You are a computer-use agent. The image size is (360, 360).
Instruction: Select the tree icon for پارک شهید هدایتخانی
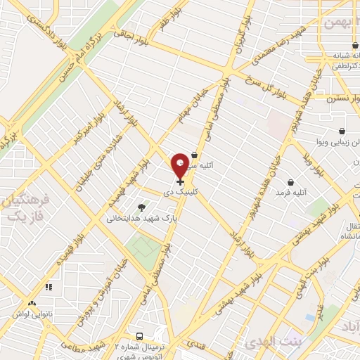[141, 207]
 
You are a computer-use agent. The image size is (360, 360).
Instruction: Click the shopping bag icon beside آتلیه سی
[195, 155]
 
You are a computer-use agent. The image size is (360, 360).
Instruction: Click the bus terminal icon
[139, 337]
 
